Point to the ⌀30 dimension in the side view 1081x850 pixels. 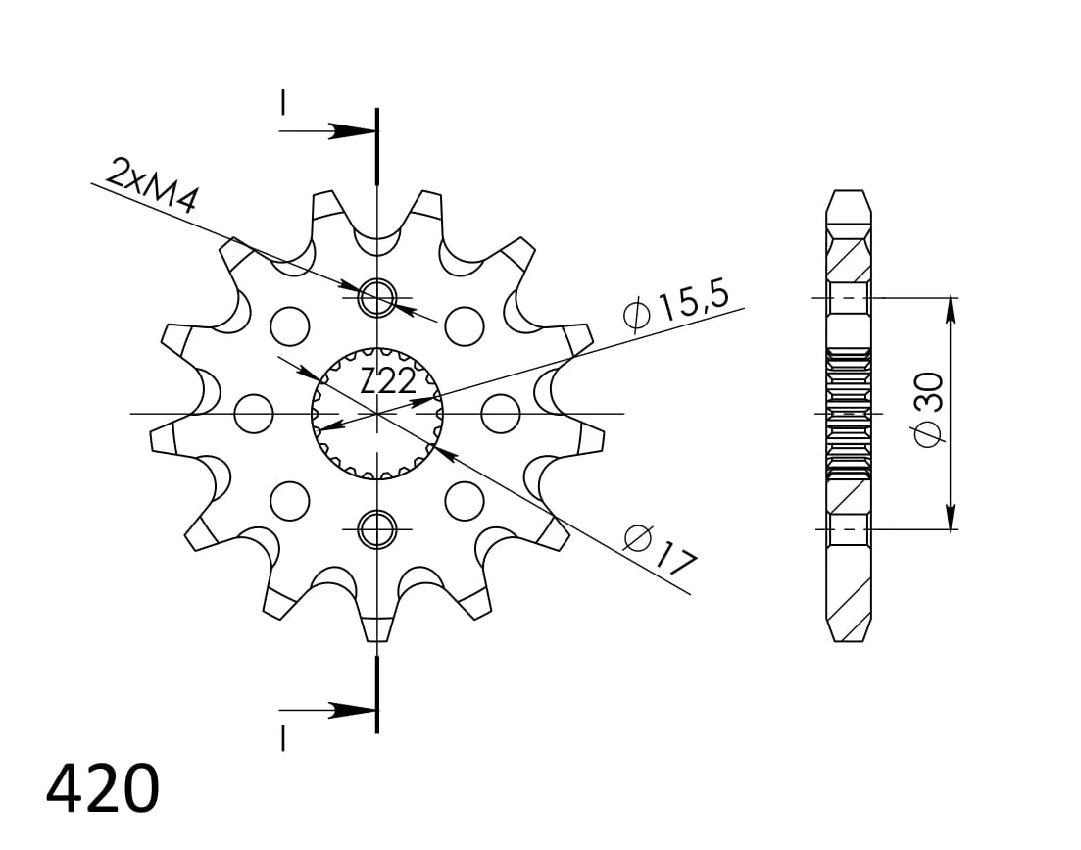[928, 410]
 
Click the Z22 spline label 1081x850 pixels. [388, 381]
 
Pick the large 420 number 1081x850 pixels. [103, 787]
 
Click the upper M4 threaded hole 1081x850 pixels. [377, 298]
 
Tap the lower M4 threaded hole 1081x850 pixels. [377, 529]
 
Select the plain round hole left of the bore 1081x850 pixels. [254, 414]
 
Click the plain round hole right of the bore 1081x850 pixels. [501, 414]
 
